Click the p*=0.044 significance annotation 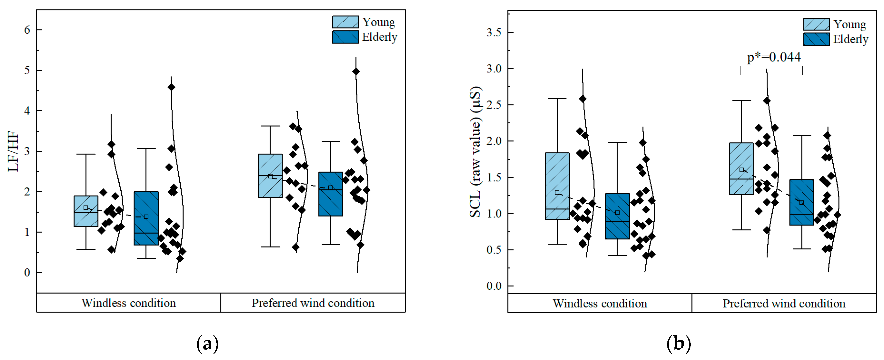tap(774, 57)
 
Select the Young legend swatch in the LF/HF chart tap(345, 22)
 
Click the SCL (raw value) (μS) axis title tap(476, 151)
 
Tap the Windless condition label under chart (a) tap(129, 303)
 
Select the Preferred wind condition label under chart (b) tap(784, 303)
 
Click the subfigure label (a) tap(207, 344)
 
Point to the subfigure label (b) tap(679, 344)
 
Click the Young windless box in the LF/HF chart tap(86, 211)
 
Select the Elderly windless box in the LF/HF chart tap(146, 218)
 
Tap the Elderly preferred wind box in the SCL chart tap(802, 202)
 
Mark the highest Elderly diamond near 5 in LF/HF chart tap(356, 71)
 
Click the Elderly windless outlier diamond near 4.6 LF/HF tap(171, 87)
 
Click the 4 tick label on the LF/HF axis tap(27, 111)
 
